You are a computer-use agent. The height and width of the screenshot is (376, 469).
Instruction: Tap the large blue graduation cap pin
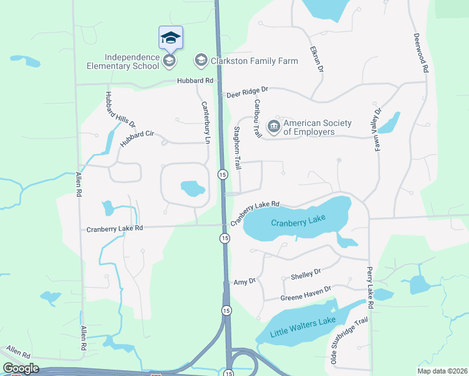[171, 38]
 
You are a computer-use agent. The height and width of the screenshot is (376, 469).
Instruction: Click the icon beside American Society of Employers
[273, 127]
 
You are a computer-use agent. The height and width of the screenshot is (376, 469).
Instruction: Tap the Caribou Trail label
[257, 118]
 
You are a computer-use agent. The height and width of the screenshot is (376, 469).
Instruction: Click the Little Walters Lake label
[303, 326]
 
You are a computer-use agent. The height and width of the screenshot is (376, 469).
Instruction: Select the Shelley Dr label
[306, 273]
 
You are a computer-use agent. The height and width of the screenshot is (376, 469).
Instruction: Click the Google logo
[20, 368]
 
